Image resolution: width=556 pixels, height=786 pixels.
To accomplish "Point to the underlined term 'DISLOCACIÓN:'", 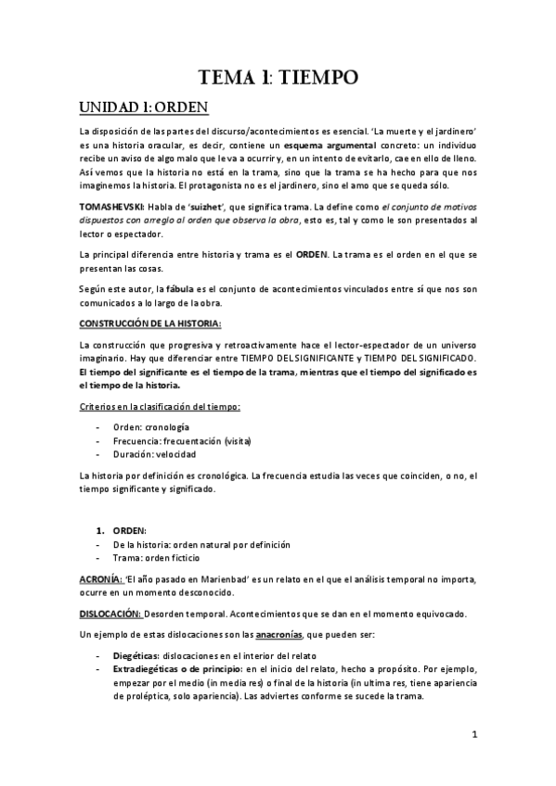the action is pos(110,615).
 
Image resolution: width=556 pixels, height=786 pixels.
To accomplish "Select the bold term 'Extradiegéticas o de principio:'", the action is pos(176,669).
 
